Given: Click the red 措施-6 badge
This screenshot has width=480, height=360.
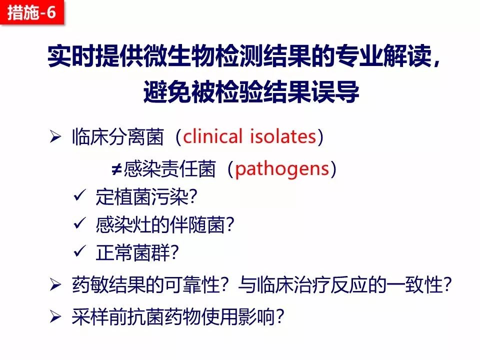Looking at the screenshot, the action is coord(32,12).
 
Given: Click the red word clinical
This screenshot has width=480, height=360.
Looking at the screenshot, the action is coord(213,136).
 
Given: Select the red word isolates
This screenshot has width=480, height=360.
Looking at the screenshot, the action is coord(283,136).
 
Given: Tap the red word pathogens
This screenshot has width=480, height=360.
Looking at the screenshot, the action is coord(282,169).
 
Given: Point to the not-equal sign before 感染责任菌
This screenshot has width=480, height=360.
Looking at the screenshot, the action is coord(116,168).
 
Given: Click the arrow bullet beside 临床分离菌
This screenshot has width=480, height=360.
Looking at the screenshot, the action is coord(55,136).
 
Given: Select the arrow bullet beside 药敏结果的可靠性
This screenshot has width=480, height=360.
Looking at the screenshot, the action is coord(55,285).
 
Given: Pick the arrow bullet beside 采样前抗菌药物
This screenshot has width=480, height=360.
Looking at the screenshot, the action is coord(55,317).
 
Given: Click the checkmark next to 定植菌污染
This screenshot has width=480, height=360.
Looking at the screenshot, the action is coord(79,195).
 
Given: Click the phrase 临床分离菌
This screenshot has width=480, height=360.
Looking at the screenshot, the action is coord(118,136).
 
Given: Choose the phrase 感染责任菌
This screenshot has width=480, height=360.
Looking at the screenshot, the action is coord(170,169).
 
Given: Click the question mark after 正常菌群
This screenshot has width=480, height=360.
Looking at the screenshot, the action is coord(174,253).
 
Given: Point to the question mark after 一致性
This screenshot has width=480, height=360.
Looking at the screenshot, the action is coord(448,285).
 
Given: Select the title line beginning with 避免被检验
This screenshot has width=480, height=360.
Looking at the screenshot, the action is coord(251,91).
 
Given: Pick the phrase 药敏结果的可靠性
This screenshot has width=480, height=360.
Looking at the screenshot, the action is coord(146,285).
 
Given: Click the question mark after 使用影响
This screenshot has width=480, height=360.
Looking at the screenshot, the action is coord(279,317).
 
